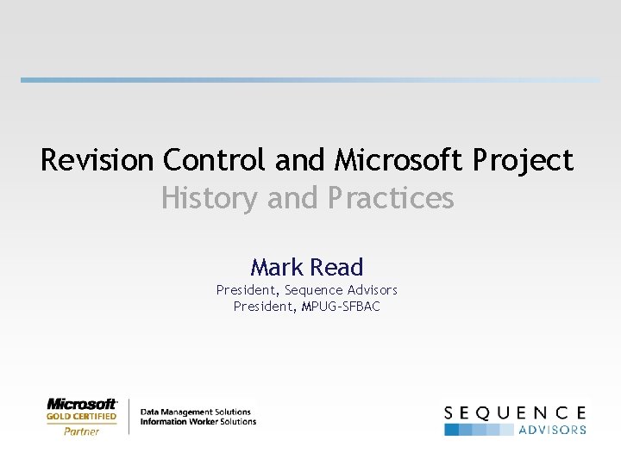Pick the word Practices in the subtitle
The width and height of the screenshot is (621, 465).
[391, 199]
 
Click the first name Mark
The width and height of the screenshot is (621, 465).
[275, 267]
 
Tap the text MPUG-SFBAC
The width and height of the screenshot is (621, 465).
[341, 306]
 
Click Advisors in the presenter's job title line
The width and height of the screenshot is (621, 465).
[371, 290]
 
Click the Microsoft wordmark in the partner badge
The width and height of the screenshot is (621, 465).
[82, 403]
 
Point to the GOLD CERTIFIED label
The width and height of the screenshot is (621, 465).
[82, 417]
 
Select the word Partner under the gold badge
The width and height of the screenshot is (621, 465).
[82, 431]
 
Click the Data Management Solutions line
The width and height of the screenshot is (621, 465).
[196, 412]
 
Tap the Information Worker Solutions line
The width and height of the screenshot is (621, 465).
[198, 421]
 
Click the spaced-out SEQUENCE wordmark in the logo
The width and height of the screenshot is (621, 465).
[515, 413]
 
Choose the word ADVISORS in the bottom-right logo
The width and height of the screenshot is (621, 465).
[552, 429]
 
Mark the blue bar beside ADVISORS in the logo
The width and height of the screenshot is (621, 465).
[479, 429]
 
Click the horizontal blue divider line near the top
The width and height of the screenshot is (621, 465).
[310, 80]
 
